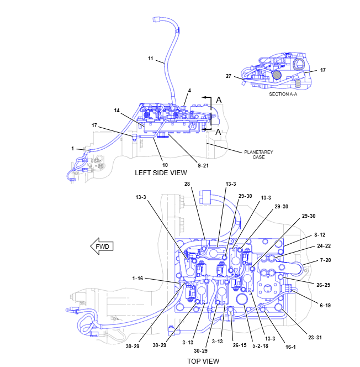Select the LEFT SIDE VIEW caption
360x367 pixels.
coord(161,172)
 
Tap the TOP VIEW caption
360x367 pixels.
coord(203,361)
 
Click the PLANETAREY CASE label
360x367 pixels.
coord(258,154)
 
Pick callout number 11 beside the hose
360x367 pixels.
coord(150,59)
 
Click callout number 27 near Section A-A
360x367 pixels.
coord(229,76)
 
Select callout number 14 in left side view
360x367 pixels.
coord(117,111)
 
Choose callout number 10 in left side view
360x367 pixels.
coord(165,164)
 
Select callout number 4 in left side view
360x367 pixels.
coord(189,90)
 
